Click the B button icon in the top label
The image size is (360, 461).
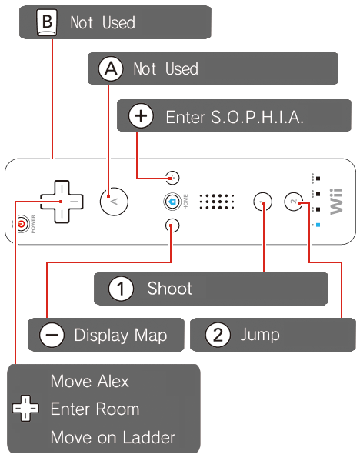click(47, 22)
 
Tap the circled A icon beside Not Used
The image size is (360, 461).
click(111, 68)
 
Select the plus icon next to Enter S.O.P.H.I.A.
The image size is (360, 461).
click(141, 116)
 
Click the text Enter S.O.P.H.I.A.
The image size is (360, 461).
click(234, 117)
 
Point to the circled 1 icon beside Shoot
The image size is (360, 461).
click(121, 289)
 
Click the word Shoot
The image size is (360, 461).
click(169, 288)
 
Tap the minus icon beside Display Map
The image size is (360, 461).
click(52, 335)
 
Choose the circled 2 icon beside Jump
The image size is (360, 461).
click(218, 335)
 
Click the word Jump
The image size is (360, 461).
click(260, 336)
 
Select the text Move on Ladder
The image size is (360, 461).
click(113, 437)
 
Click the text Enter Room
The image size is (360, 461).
click(95, 409)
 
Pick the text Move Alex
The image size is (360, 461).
click(90, 381)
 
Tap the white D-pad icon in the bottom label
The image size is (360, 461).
click(25, 408)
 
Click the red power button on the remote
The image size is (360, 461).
click(22, 225)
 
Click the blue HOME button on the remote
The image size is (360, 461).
click(172, 202)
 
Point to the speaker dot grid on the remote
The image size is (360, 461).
click(217, 202)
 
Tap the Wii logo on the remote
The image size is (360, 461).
click(336, 202)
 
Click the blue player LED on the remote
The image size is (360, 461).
click(318, 225)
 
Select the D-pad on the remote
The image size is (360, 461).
click(62, 202)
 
